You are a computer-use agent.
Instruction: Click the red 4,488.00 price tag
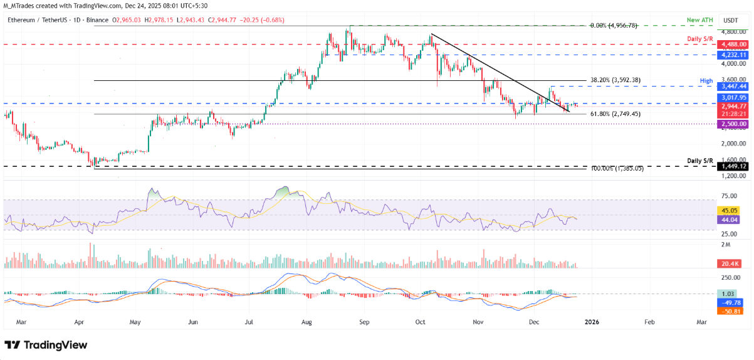733,45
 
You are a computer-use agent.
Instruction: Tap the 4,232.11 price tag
733,55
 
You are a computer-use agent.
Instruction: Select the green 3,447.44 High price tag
733,86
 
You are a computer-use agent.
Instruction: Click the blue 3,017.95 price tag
733,98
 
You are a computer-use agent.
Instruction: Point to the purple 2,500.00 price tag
733,124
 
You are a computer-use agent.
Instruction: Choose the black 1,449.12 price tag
733,167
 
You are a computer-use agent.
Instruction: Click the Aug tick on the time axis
307,321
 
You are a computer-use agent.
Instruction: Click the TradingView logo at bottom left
46,345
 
